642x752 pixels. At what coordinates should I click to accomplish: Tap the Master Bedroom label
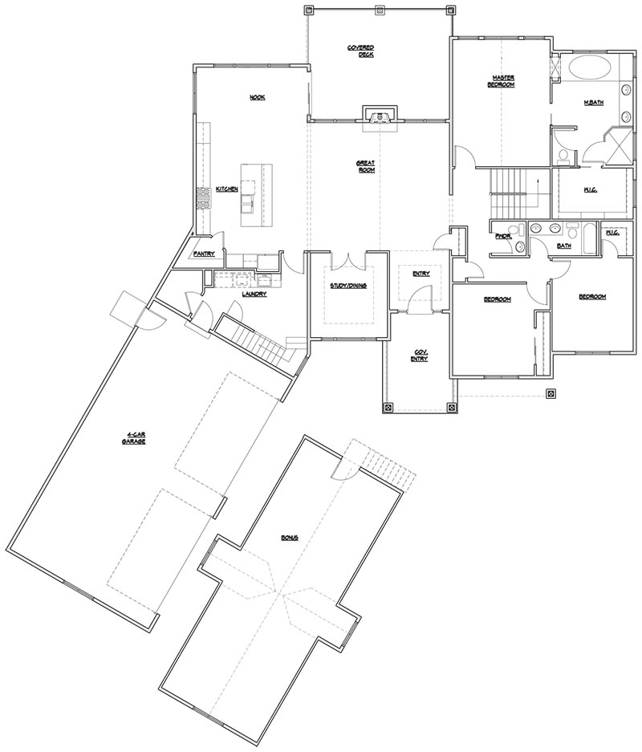[x=503, y=81]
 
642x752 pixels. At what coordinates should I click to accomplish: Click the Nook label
[x=257, y=97]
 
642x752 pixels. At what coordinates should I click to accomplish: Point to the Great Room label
[x=366, y=165]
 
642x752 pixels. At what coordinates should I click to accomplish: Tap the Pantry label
[x=204, y=254]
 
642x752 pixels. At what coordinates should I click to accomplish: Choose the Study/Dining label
[x=348, y=285]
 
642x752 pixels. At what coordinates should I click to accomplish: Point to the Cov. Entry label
[x=421, y=356]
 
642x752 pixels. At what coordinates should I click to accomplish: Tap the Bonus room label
[x=289, y=537]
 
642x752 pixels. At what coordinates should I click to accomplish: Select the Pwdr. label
[x=503, y=236]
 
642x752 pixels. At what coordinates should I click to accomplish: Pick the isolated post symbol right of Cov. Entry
[x=551, y=393]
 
